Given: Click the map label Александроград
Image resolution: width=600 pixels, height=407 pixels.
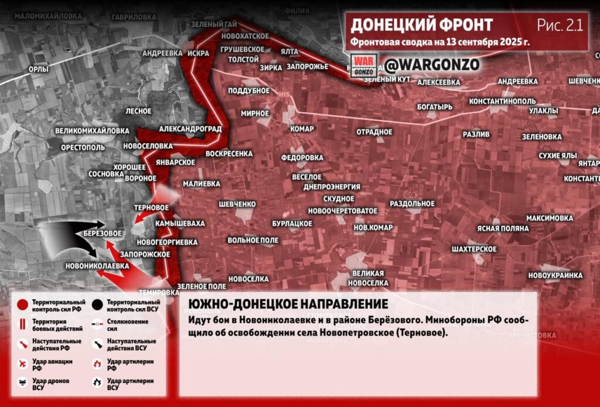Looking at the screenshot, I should click(190, 128).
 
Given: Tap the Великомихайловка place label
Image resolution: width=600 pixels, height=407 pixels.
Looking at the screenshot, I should click(92, 130).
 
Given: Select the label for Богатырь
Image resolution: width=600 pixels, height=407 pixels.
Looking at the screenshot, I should click(435, 107).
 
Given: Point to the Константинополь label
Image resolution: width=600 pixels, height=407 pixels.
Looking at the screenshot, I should click(503, 101).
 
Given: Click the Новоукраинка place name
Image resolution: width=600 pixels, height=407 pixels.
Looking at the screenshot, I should click(555, 275).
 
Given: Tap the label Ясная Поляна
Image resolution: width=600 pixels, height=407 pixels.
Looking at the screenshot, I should click(502, 228).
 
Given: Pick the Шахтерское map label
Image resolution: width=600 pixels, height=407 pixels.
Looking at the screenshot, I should click(475, 249).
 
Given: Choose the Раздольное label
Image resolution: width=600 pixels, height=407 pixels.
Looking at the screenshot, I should click(412, 203).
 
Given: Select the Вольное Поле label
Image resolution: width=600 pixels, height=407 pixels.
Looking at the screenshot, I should click(253, 240).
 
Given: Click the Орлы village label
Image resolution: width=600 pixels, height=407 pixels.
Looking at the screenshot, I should click(38, 69).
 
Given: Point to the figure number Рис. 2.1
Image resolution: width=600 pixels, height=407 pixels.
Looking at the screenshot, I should click(560, 25).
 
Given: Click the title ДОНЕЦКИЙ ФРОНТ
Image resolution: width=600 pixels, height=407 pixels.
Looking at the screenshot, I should click(421, 25).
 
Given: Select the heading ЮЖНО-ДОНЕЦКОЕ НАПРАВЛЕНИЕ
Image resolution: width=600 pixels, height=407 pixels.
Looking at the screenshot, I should click(288, 304).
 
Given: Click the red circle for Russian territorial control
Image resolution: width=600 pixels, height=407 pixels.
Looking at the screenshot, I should click(22, 304).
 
